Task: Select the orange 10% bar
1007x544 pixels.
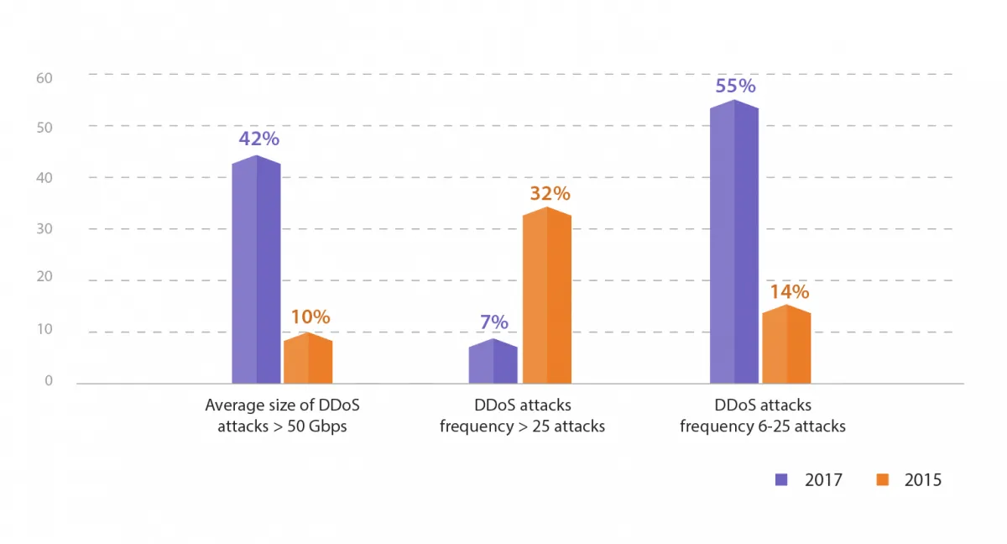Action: pyautogui.click(x=308, y=358)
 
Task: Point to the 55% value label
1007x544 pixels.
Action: pyautogui.click(x=736, y=86)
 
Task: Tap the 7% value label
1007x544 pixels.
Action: pyautogui.click(x=494, y=322)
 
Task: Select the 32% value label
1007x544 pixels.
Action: pyautogui.click(x=550, y=193)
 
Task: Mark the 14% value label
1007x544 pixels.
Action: pyautogui.click(x=789, y=292)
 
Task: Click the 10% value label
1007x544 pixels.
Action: pyautogui.click(x=310, y=317)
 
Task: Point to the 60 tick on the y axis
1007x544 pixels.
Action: pyautogui.click(x=44, y=78)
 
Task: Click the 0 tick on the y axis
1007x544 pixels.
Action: pyautogui.click(x=49, y=380)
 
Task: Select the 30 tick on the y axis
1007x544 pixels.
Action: pyautogui.click(x=44, y=229)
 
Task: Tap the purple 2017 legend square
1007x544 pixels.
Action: pyautogui.click(x=782, y=480)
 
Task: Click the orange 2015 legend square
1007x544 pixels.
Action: pyautogui.click(x=882, y=480)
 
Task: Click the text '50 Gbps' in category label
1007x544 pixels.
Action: pyautogui.click(x=316, y=426)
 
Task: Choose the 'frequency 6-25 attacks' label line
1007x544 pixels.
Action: pyautogui.click(x=762, y=426)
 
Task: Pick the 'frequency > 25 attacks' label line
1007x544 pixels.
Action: pyautogui.click(x=522, y=426)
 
